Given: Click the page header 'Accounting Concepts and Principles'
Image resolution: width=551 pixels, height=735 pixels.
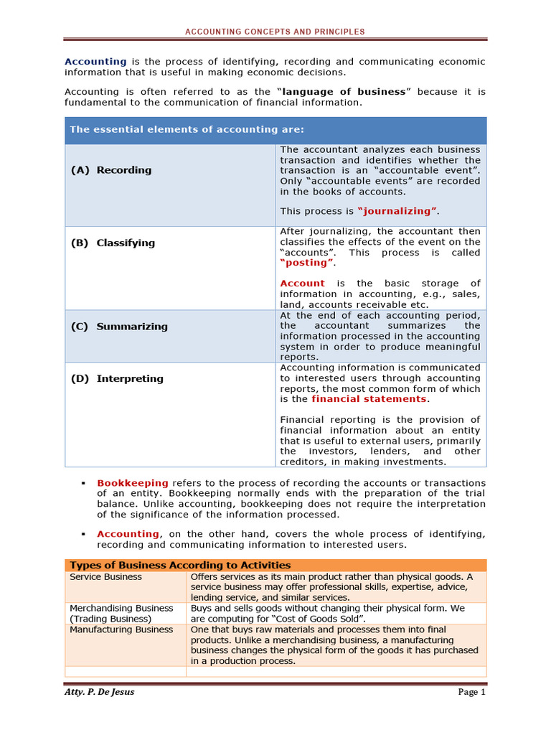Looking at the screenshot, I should pyautogui.click(x=275, y=32).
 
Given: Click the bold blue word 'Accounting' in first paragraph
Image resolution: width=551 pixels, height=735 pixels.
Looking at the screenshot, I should pyautogui.click(x=95, y=62).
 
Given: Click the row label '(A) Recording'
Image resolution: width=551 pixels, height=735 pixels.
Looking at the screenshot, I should pyautogui.click(x=111, y=170).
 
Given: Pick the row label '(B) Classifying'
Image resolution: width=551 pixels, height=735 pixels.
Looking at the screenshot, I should pyautogui.click(x=113, y=243).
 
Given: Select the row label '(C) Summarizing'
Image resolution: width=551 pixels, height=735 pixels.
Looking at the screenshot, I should pyautogui.click(x=119, y=326).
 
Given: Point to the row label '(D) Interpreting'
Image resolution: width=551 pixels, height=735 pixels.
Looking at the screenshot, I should pyautogui.click(x=117, y=378).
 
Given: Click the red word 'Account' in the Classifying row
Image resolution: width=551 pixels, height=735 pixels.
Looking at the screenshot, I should pyautogui.click(x=302, y=284).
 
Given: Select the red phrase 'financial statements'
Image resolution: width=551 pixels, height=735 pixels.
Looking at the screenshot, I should pyautogui.click(x=369, y=399).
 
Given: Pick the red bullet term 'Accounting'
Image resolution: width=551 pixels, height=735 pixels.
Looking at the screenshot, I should pyautogui.click(x=128, y=534).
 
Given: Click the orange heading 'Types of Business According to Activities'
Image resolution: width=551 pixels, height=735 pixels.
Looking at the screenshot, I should pyautogui.click(x=180, y=566).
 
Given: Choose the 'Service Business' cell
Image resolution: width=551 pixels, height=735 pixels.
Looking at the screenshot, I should pyautogui.click(x=106, y=577).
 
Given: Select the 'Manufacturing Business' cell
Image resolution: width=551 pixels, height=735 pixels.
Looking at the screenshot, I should pyautogui.click(x=121, y=629).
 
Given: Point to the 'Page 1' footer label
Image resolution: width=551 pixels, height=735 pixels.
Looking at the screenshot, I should pyautogui.click(x=472, y=692).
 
